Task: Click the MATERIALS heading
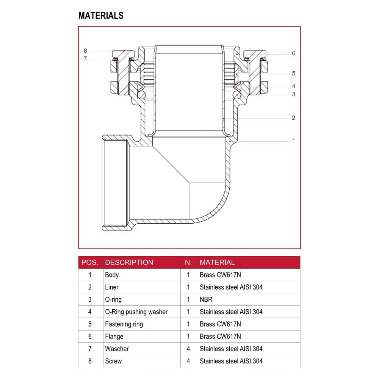point(101,16)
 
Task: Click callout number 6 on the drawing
point(293,53)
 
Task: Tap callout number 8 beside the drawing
point(85,51)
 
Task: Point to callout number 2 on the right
point(293,118)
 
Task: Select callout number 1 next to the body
point(293,141)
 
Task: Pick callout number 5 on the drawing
point(293,73)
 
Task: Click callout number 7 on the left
point(85,58)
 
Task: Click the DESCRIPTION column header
point(129,263)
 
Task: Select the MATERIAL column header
point(217,263)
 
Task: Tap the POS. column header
point(90,263)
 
